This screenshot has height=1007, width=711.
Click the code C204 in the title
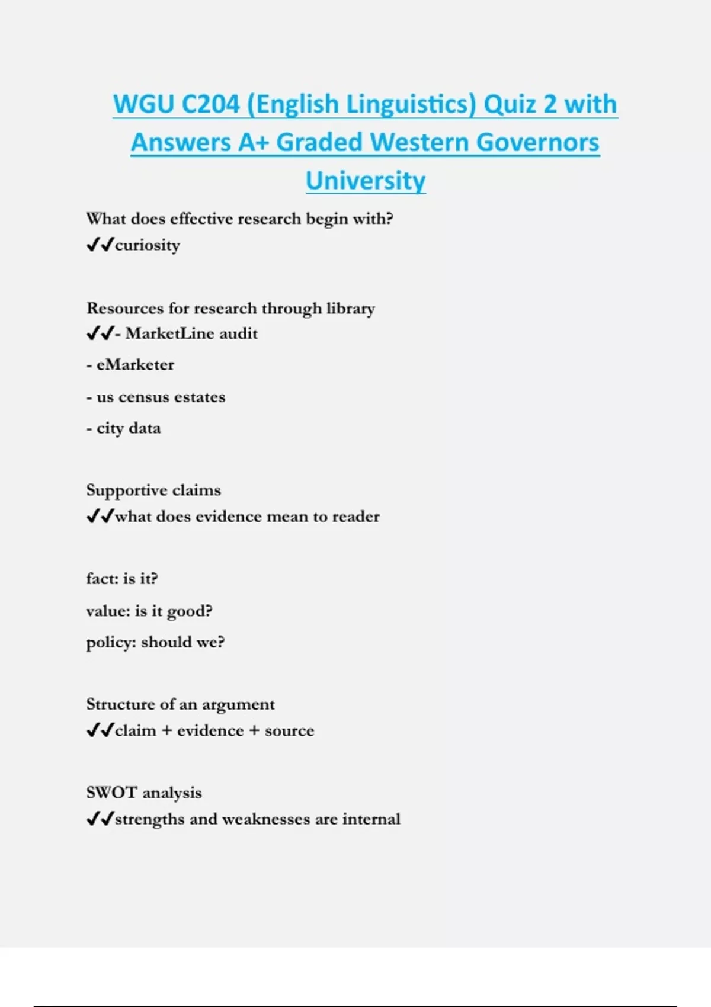(210, 104)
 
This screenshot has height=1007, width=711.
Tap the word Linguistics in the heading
(411, 104)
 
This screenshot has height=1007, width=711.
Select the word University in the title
(366, 181)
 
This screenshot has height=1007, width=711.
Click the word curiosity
(148, 245)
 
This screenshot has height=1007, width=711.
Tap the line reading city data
(124, 428)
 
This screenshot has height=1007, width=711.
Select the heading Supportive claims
(153, 490)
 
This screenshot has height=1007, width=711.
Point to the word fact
(101, 579)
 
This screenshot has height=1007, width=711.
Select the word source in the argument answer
(289, 730)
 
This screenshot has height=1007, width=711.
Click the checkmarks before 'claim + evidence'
(100, 730)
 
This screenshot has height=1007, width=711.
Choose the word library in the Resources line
(351, 309)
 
